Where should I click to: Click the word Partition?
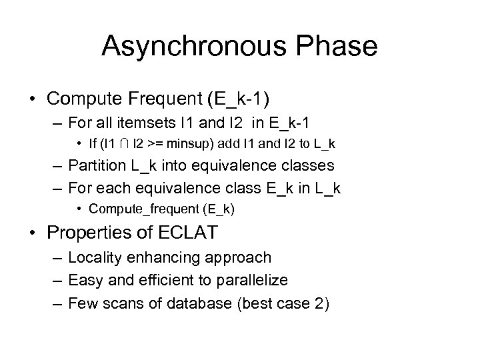pos(100,167)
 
